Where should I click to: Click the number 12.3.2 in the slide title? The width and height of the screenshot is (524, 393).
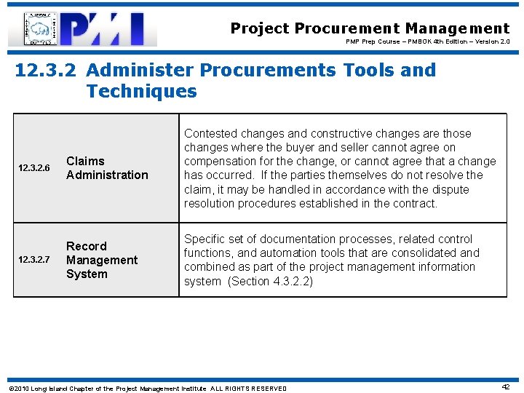pos(47,71)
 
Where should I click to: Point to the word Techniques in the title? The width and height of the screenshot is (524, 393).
pos(141,92)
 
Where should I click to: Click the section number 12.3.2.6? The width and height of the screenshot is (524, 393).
pos(33,168)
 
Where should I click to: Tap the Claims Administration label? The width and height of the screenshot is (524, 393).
pos(106,168)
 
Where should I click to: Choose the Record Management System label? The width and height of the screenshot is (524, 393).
pos(101,260)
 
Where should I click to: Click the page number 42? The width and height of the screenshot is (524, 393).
pos(505,387)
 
